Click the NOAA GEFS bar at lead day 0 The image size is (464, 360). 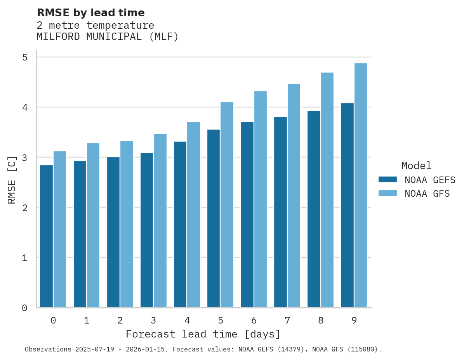click(x=46, y=236)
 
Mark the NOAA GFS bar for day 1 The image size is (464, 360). click(x=93, y=225)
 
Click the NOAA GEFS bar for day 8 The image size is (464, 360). click(x=313, y=209)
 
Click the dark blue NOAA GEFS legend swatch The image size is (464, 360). click(x=388, y=180)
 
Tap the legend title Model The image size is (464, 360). click(x=416, y=166)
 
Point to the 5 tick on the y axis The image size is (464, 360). click(x=25, y=57)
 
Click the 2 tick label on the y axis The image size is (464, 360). click(x=25, y=208)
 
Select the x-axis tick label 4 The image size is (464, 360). click(x=187, y=321)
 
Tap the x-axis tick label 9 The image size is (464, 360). click(x=354, y=321)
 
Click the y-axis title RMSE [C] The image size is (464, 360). click(x=12, y=180)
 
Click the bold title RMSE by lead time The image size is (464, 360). click(x=90, y=13)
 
